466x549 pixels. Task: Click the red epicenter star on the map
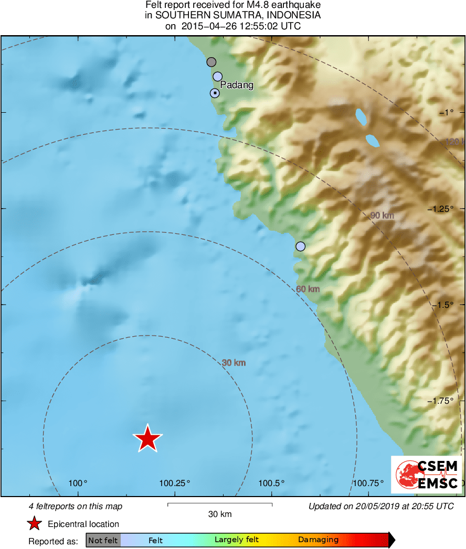pyautogui.click(x=147, y=438)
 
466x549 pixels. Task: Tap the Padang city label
pyautogui.click(x=237, y=85)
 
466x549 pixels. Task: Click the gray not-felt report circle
pyautogui.click(x=211, y=62)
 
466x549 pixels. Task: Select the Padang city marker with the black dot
pyautogui.click(x=215, y=93)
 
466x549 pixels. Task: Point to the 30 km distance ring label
pyautogui.click(x=234, y=362)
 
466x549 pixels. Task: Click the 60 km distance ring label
pyautogui.click(x=308, y=289)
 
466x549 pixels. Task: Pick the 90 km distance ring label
pyautogui.click(x=382, y=216)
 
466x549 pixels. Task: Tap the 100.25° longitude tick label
pyautogui.click(x=175, y=483)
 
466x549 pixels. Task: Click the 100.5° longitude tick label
pyautogui.click(x=271, y=483)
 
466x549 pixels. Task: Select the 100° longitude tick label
pyautogui.click(x=78, y=483)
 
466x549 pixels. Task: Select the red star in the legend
pyautogui.click(x=34, y=523)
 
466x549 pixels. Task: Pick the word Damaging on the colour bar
pyautogui.click(x=318, y=540)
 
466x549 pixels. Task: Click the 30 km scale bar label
pyautogui.click(x=219, y=514)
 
